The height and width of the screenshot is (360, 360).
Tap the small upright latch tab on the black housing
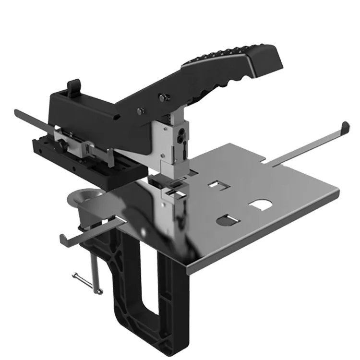73,87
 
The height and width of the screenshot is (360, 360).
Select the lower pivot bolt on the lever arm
139,111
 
